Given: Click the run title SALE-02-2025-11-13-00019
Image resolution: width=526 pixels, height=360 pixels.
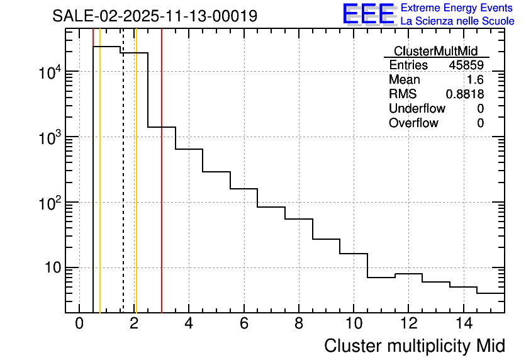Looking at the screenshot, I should (x=155, y=16).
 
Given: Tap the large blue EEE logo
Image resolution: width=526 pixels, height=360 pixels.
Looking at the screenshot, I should (x=368, y=14).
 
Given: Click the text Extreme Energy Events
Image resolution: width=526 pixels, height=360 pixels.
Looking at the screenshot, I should (x=457, y=8).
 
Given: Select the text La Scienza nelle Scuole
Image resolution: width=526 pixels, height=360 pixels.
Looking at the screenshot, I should (x=457, y=21).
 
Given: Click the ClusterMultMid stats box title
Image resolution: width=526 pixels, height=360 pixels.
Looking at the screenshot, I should (x=435, y=51).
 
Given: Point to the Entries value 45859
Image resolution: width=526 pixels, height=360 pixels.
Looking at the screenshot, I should (x=466, y=65).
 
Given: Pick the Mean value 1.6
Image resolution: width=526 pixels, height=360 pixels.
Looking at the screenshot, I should (x=475, y=80).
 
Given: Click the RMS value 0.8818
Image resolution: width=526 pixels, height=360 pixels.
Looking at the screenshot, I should (x=464, y=94).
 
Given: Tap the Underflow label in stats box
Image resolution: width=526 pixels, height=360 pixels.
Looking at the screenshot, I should (x=417, y=109).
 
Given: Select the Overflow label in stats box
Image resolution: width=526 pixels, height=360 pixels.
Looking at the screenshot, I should (x=413, y=123).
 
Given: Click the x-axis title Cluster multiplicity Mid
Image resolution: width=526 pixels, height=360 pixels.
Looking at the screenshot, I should (x=414, y=346).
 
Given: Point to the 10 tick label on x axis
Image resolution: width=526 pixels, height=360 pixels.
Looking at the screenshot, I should (x=354, y=324).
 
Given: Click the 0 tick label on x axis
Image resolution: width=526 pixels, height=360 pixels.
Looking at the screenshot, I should (x=79, y=324).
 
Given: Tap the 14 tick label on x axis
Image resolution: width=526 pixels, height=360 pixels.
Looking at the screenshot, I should (x=463, y=324).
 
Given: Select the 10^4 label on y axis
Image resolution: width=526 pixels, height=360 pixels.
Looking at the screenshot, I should (x=49, y=72).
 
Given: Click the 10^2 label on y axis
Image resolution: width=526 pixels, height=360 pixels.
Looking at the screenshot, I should (x=49, y=203).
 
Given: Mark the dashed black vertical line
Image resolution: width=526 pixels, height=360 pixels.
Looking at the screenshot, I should (x=123, y=189).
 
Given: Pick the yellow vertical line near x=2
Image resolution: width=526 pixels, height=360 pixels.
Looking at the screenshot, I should (x=136, y=189).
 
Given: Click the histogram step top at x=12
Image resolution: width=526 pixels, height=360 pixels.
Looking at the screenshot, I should (x=408, y=274).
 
